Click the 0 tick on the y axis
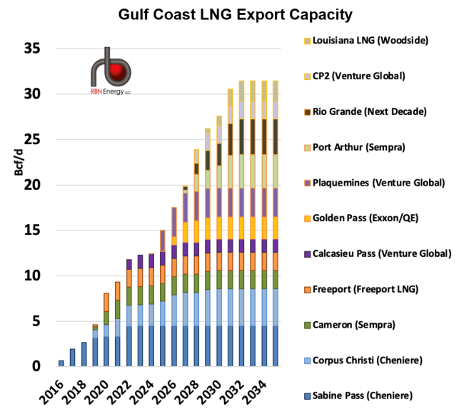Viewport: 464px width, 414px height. click(41, 367)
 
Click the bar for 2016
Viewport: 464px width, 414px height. click(61, 363)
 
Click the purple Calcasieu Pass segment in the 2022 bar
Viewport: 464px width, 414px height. click(129, 264)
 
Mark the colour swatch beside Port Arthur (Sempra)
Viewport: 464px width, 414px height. click(307, 148)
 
